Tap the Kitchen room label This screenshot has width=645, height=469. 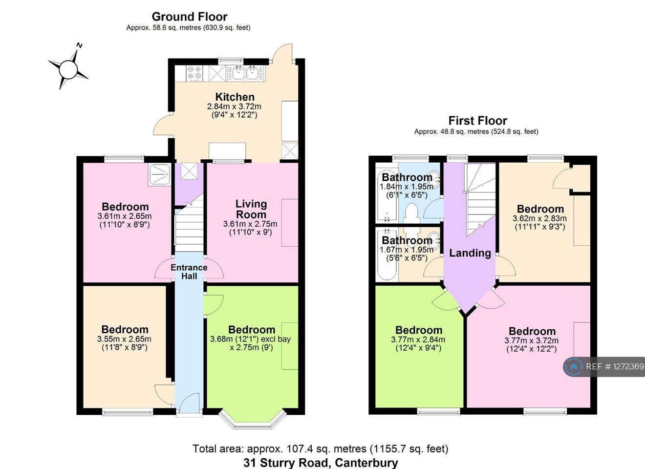click(x=235, y=97)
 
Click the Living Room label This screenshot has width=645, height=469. click(x=251, y=209)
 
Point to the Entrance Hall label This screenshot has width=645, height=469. click(x=189, y=272)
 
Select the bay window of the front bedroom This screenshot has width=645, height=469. click(x=252, y=420)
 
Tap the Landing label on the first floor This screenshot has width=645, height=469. click(x=470, y=253)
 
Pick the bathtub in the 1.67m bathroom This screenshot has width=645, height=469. click(x=387, y=255)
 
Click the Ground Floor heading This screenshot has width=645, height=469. click(x=189, y=17)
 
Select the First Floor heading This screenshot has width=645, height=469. click(x=477, y=121)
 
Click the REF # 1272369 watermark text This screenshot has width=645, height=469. click(x=615, y=366)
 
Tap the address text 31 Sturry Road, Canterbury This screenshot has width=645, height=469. click(x=321, y=462)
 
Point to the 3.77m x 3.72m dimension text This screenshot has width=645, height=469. click(x=531, y=341)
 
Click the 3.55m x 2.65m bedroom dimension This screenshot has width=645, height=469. click(x=124, y=339)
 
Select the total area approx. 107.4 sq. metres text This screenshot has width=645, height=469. click(x=320, y=448)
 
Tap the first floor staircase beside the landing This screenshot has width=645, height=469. click(x=480, y=198)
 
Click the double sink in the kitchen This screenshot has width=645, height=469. click(x=245, y=73)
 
